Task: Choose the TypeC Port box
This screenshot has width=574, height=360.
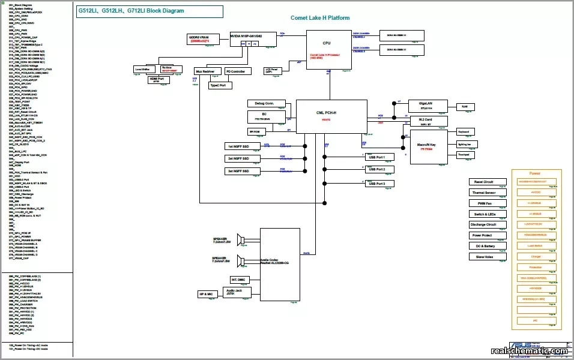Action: pos(220,85)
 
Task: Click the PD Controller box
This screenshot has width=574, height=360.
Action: pos(238,71)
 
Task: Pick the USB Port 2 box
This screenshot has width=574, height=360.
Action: pos(381,170)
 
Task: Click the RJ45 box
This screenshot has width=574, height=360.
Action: pos(465,106)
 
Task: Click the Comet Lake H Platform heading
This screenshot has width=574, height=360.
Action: pos(320,19)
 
